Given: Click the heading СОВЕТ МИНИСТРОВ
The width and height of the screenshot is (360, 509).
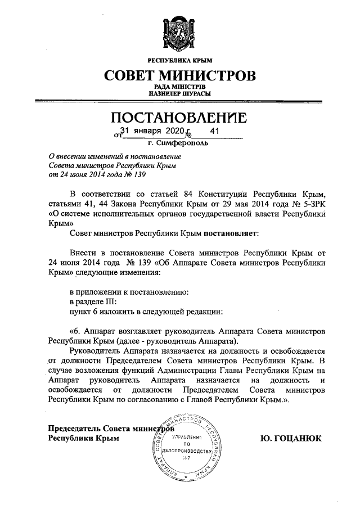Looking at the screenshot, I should click(x=179, y=75).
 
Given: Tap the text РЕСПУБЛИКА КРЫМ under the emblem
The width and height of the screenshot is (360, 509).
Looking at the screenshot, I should click(x=179, y=60).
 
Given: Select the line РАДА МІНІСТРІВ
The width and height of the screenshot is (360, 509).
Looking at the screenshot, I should click(x=179, y=87).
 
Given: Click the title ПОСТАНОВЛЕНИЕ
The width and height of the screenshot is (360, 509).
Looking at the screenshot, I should click(x=179, y=119).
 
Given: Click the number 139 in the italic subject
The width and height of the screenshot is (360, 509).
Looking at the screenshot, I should click(x=138, y=175).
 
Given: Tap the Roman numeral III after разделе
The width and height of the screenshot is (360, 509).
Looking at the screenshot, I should click(x=109, y=301).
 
